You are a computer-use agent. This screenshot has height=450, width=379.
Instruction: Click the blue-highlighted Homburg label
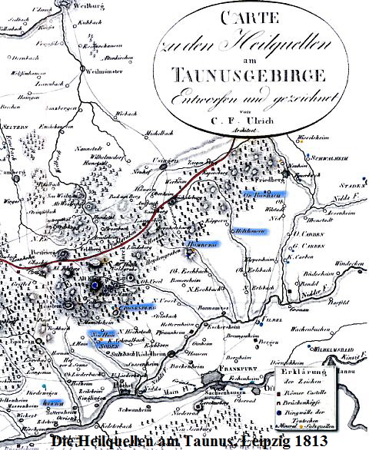[202, 245]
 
